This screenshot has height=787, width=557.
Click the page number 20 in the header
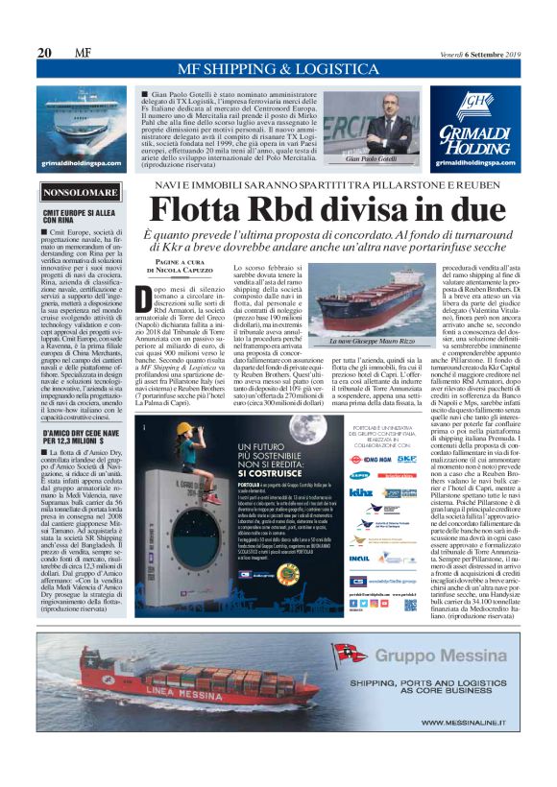point(44,52)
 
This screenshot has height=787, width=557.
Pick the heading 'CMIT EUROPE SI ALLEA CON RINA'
point(82,217)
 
